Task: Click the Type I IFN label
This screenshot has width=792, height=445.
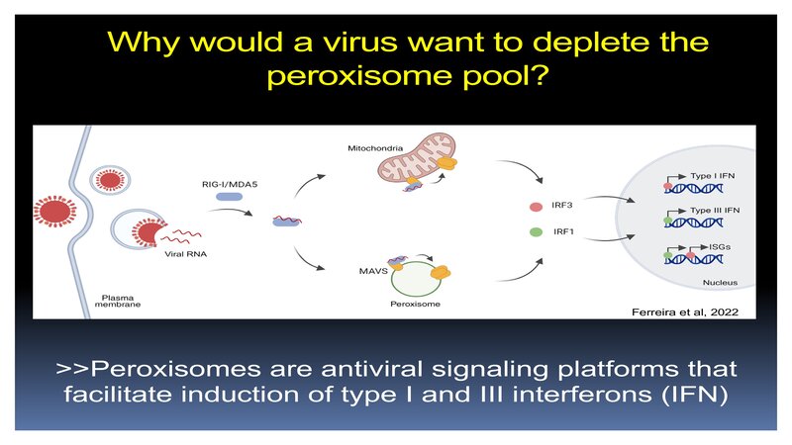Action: [x=702, y=175]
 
